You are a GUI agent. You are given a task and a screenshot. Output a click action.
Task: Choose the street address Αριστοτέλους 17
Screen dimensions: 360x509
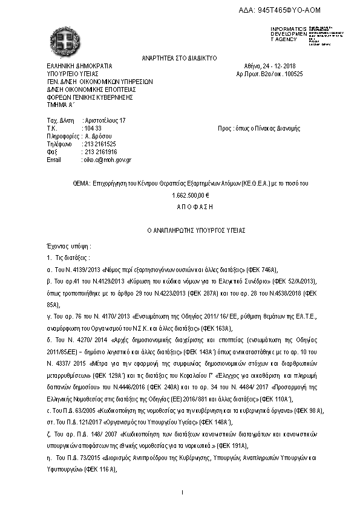[104, 120]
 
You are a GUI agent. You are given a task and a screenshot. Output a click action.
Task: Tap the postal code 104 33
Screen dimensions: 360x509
[92, 128]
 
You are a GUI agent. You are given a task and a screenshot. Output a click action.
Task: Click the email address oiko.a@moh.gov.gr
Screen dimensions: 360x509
[106, 160]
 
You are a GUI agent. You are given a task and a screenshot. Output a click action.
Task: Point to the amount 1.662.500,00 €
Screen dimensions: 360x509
[190, 195]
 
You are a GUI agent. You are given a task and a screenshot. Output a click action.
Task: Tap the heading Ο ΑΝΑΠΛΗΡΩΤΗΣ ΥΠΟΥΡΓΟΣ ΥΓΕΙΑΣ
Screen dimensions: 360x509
[180, 230]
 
